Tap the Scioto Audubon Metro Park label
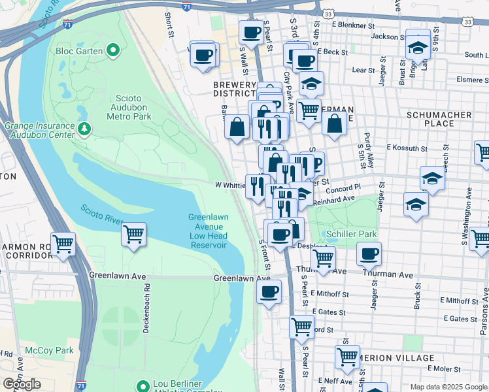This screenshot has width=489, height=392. coord(129,106)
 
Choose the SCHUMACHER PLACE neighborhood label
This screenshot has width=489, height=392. coord(439,118)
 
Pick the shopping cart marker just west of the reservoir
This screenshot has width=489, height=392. coord(133,233)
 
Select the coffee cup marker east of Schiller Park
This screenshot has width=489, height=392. coord(369,253)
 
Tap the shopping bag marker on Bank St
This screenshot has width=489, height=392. coord(237,125)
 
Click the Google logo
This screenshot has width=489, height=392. coord(22,384)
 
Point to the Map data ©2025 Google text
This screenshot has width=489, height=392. coord(448,387)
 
